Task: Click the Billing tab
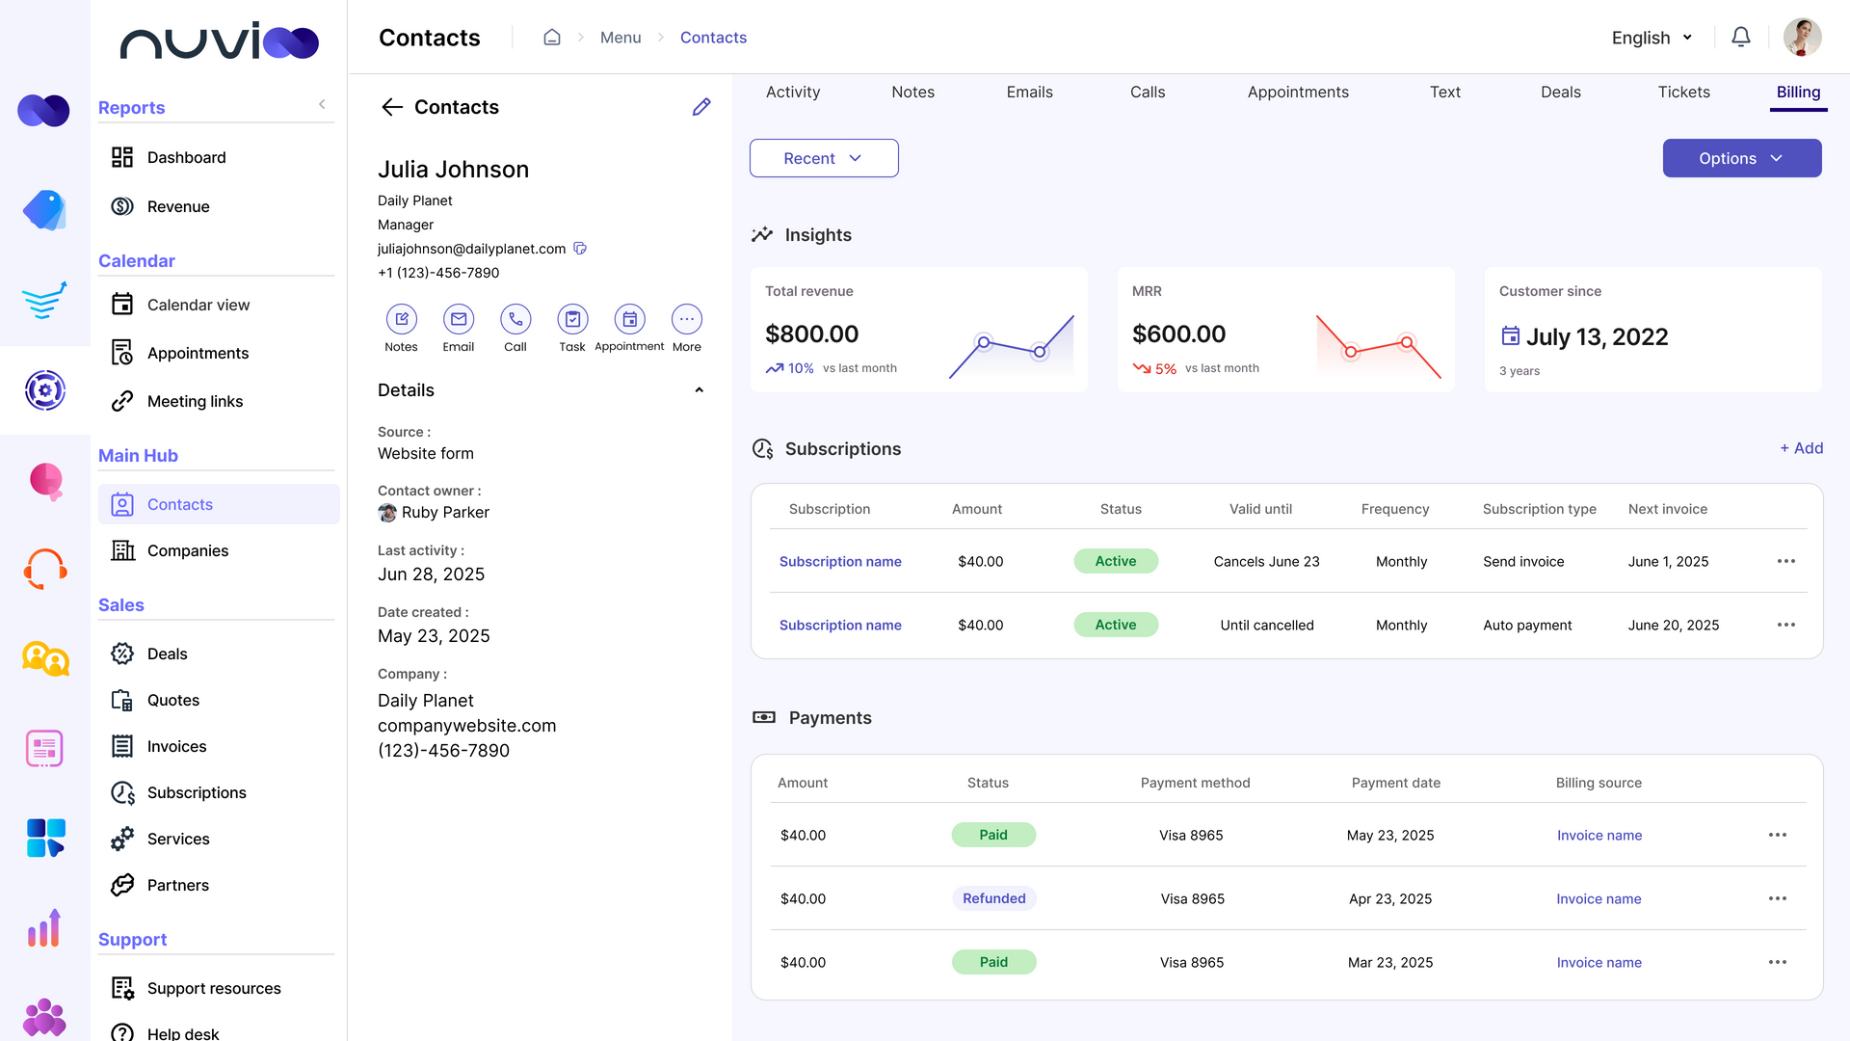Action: pos(1798,93)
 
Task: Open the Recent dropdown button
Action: pos(824,158)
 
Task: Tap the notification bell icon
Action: pos(1740,38)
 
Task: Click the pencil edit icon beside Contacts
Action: pos(701,107)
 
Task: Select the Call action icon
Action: pos(515,319)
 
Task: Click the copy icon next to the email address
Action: pos(580,249)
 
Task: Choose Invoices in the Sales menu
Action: pos(176,746)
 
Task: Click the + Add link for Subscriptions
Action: pos(1801,448)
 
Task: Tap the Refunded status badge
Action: pos(993,898)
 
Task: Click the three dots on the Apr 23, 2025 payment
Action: pos(1777,898)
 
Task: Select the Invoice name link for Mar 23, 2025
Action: pos(1599,962)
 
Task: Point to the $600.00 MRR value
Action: pos(1178,334)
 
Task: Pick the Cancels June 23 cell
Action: pos(1266,561)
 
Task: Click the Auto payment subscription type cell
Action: pos(1527,625)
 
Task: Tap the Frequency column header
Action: pos(1394,509)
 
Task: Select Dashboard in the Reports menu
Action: pos(186,157)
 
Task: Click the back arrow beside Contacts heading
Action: pos(391,107)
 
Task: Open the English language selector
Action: pos(1652,38)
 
